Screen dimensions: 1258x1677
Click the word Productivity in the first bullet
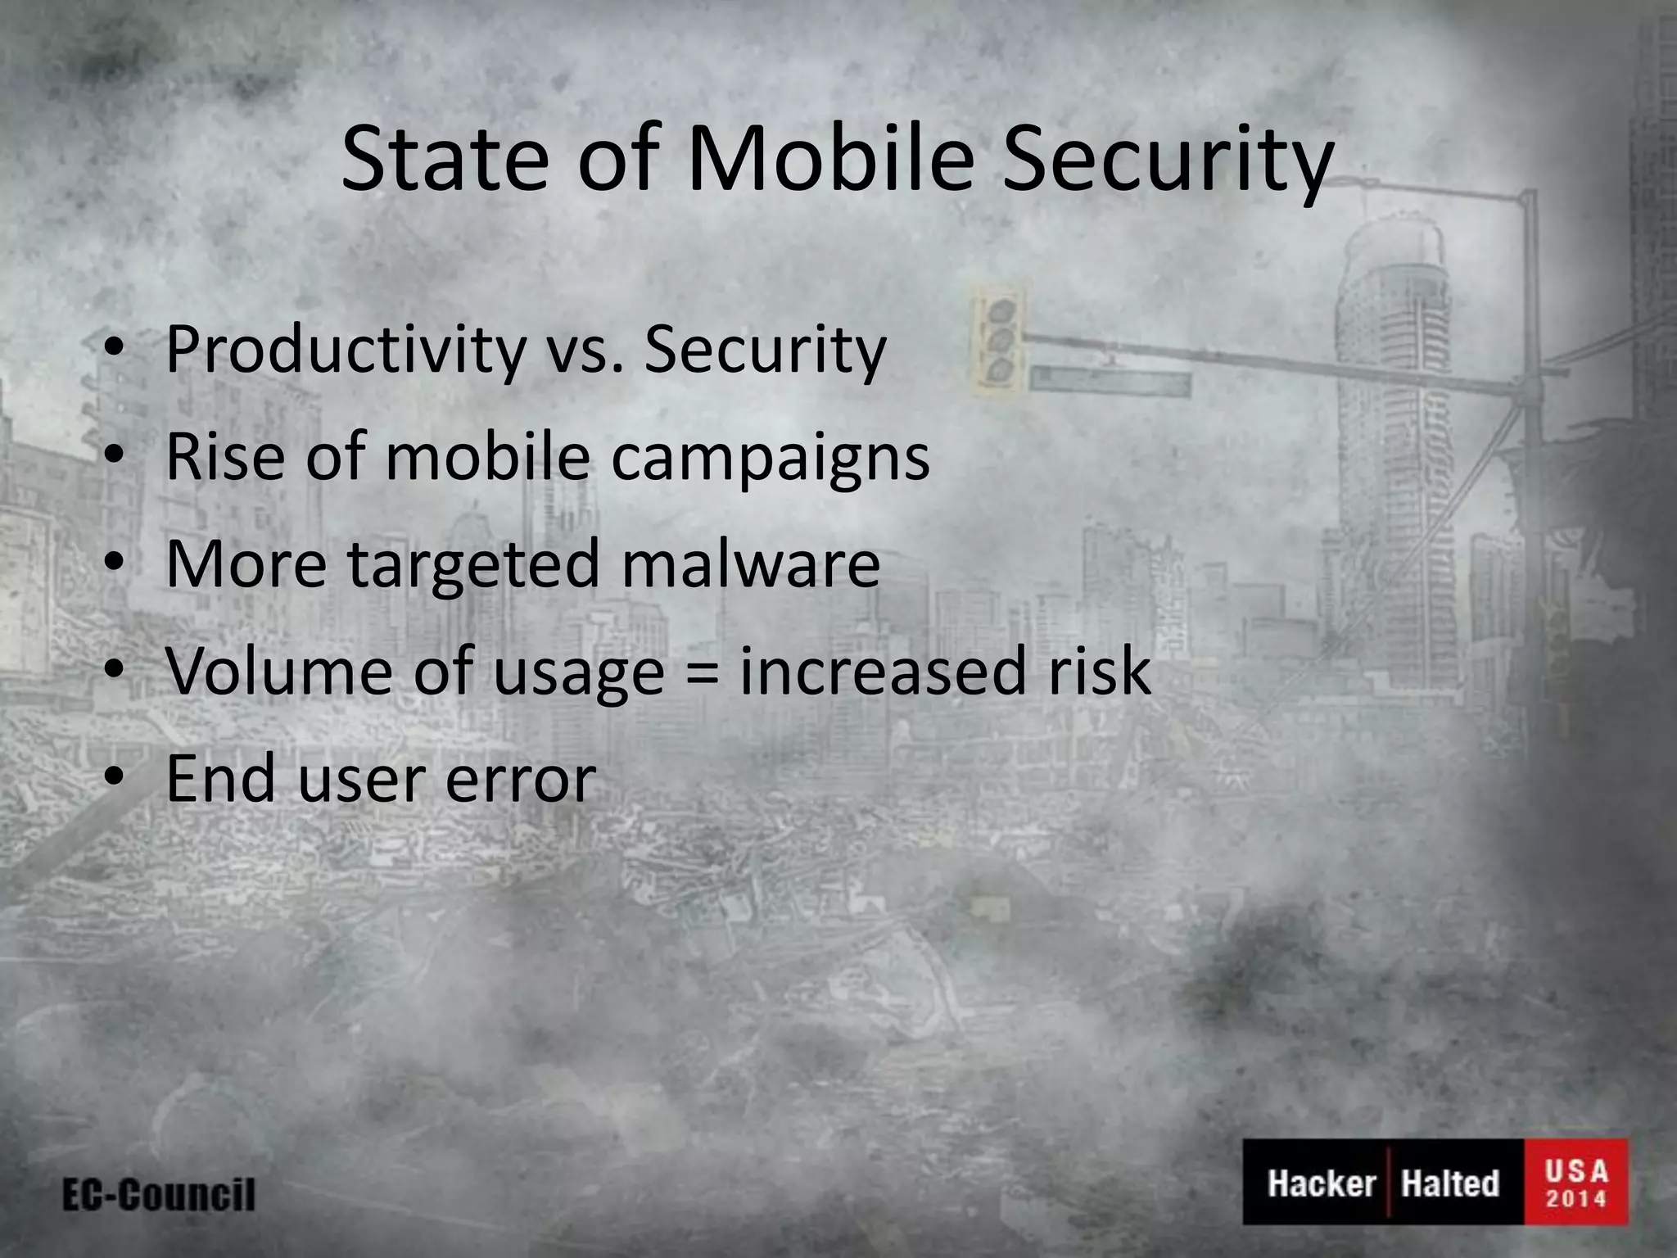click(344, 351)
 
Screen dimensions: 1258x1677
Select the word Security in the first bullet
click(765, 351)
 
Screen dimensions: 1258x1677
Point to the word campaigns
click(770, 459)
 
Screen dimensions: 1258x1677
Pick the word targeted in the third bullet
click(474, 567)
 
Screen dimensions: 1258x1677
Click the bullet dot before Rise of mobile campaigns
click(115, 455)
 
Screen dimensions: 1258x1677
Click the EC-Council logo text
click(159, 1195)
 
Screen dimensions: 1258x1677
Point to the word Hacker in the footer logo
click(1321, 1183)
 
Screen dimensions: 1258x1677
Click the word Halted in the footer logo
click(1449, 1183)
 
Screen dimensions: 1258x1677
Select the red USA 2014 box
click(1575, 1183)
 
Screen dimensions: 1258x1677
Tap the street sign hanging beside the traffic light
click(1110, 381)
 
